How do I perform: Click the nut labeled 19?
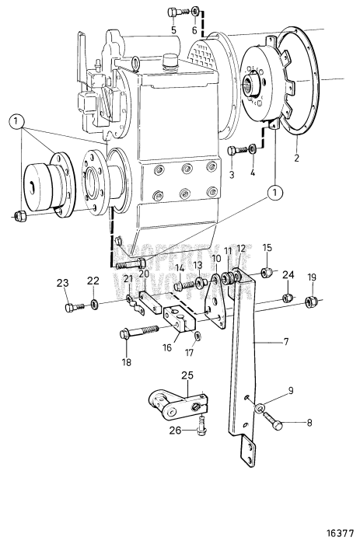(310, 301)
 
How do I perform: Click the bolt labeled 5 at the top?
(173, 12)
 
